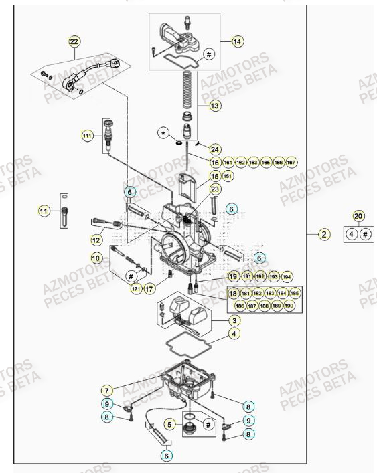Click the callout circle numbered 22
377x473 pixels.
(x=74, y=41)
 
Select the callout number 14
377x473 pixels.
(x=236, y=41)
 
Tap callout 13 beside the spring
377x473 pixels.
(x=214, y=105)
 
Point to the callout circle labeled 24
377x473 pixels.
(x=214, y=149)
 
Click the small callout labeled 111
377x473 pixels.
(x=87, y=136)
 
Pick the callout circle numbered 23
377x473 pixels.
(x=214, y=189)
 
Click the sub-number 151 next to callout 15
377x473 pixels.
(x=228, y=176)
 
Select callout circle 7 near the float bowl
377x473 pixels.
(x=106, y=389)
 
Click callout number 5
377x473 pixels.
(x=170, y=423)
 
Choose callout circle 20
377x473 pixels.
(x=358, y=217)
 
